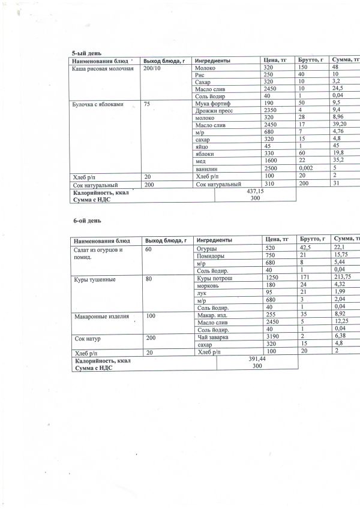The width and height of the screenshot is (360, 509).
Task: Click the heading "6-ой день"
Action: coord(82,221)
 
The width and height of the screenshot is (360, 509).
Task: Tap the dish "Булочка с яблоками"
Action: coord(98,104)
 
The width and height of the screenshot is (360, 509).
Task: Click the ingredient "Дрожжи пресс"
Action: coord(214,110)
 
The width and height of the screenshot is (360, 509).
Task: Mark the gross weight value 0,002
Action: coord(307,168)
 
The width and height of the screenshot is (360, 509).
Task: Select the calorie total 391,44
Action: coord(256,359)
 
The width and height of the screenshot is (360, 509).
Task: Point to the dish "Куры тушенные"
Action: coord(94,279)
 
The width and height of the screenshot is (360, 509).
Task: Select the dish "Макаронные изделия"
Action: coord(99,316)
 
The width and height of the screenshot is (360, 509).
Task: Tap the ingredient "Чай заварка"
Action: coord(212,338)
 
